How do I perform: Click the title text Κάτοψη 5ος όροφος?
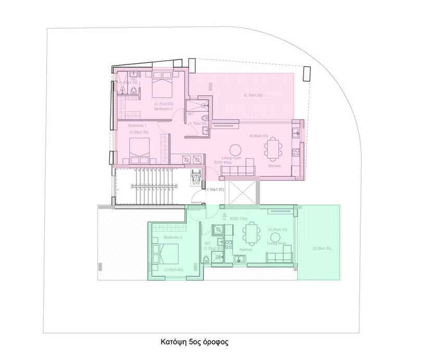(x=194, y=342)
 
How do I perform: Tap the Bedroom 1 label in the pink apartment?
(x=138, y=126)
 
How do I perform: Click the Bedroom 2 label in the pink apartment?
(x=162, y=109)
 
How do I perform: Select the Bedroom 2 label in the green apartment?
(x=173, y=237)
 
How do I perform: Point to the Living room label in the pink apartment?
(x=231, y=158)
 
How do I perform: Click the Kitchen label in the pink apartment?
(x=274, y=165)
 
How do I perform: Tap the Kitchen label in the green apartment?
(x=246, y=250)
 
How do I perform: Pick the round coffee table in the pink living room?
(x=235, y=148)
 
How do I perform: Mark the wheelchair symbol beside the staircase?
(x=197, y=178)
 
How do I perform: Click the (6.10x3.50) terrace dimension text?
(x=253, y=95)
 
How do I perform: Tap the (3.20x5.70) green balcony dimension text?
(x=321, y=249)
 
